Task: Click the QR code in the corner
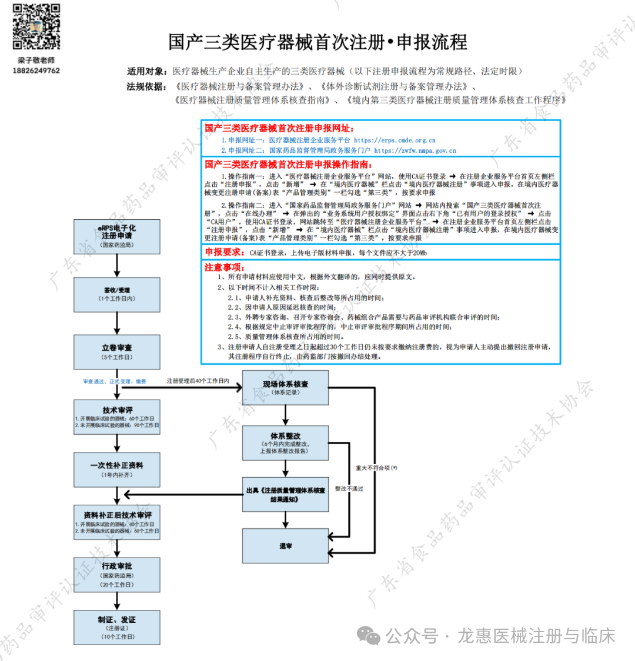36,27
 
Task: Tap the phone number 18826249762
36,71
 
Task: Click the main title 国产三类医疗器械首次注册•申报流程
317,42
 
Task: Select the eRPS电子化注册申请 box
116,236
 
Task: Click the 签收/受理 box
116,294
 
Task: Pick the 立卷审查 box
116,351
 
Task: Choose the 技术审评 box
116,417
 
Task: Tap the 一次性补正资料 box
116,469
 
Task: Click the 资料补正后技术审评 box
116,522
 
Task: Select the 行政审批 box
116,574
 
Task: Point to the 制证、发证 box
116,627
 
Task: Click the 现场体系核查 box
285,387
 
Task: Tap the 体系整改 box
285,442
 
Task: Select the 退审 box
285,546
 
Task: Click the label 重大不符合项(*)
376,468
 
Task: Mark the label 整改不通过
349,488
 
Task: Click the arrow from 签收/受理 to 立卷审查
116,323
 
